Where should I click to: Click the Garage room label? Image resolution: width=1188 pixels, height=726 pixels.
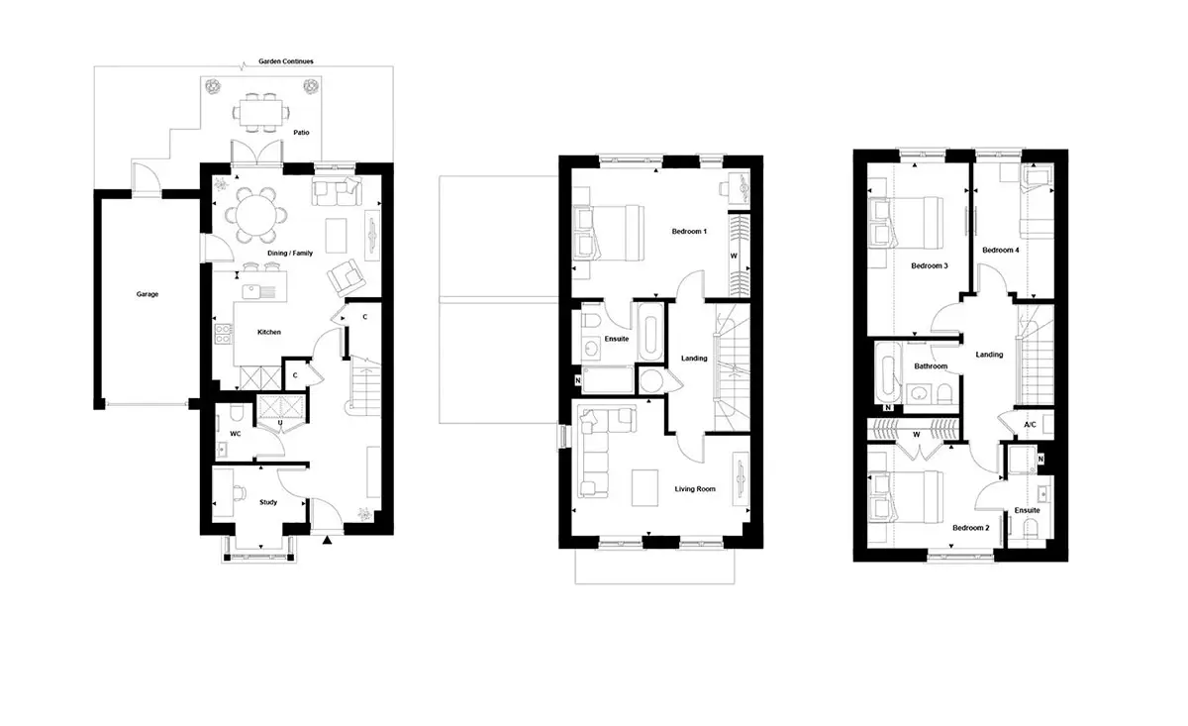coord(148,294)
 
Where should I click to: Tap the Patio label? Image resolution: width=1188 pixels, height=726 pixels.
coord(301,132)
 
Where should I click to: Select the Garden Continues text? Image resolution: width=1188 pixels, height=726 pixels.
coord(286,61)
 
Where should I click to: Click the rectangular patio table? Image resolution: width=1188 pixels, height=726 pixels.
coord(261,113)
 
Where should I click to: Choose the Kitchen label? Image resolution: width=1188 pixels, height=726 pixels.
coord(269,332)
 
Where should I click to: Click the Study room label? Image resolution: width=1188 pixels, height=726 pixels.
coord(268,502)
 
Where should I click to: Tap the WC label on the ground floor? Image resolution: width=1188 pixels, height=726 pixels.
coord(236,434)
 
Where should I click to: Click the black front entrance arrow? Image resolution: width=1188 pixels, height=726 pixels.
coord(328,540)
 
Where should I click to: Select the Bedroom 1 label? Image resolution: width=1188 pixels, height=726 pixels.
coord(689,232)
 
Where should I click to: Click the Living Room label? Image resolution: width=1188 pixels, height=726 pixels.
coord(695,488)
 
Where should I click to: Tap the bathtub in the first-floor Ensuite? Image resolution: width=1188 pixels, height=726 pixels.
coord(650,332)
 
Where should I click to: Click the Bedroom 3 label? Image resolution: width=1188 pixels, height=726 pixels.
coord(930,265)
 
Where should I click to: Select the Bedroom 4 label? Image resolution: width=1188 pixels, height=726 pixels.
coord(1000,250)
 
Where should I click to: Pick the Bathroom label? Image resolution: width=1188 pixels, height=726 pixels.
coord(931,366)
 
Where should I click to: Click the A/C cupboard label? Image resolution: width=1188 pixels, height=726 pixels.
coord(1030,425)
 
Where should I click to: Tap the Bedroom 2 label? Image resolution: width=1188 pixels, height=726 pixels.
coord(970,528)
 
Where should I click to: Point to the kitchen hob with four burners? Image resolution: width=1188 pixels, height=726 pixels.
coord(223,333)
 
